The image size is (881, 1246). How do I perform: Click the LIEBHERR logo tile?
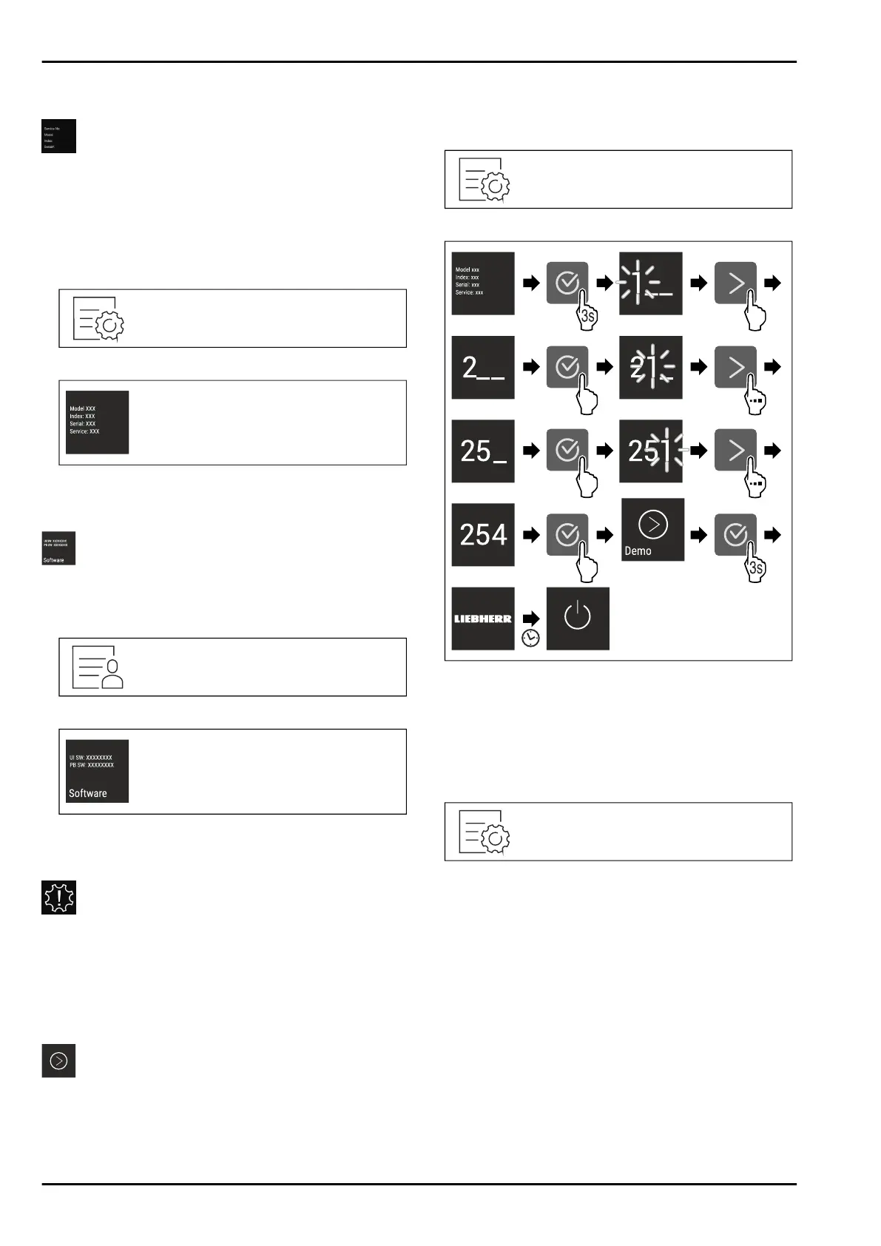point(482,619)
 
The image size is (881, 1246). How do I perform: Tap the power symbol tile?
point(578,619)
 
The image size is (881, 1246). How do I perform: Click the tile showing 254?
point(482,534)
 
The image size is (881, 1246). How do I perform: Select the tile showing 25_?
point(482,451)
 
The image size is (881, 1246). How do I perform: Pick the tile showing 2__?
point(482,367)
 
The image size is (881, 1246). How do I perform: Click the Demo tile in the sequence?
point(652,530)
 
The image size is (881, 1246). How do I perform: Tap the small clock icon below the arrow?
point(530,637)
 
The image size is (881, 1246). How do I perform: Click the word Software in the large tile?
point(88,793)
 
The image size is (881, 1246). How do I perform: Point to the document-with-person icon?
point(98,667)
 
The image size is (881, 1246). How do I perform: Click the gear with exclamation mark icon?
point(58,898)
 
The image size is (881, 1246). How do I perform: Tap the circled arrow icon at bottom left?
point(58,1061)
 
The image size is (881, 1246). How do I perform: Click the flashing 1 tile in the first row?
point(650,283)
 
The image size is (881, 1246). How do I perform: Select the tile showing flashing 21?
point(650,367)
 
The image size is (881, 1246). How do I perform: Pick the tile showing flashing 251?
point(650,451)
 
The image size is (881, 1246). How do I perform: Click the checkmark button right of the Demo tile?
point(735,534)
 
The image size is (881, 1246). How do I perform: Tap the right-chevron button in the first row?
point(735,283)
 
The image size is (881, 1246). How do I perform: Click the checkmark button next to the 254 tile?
point(567,534)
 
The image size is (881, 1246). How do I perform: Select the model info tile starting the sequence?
point(482,283)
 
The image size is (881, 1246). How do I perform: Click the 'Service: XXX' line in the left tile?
point(84,431)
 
